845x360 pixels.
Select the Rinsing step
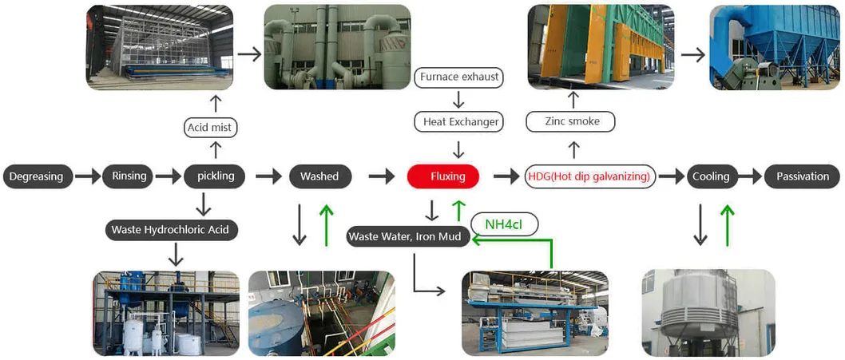(128, 176)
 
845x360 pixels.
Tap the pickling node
(215, 176)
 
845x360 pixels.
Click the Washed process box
(319, 176)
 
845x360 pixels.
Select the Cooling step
(711, 176)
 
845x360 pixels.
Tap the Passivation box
(802, 176)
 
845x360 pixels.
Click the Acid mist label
(212, 127)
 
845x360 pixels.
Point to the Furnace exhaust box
(458, 77)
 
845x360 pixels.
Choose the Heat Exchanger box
(458, 121)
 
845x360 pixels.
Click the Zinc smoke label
(572, 121)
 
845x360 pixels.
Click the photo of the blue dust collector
(775, 47)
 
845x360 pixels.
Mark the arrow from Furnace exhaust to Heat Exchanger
(458, 99)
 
